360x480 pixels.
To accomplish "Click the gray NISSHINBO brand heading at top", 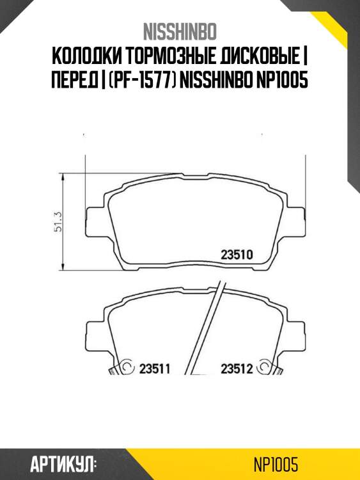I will pyautogui.click(x=180, y=31).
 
